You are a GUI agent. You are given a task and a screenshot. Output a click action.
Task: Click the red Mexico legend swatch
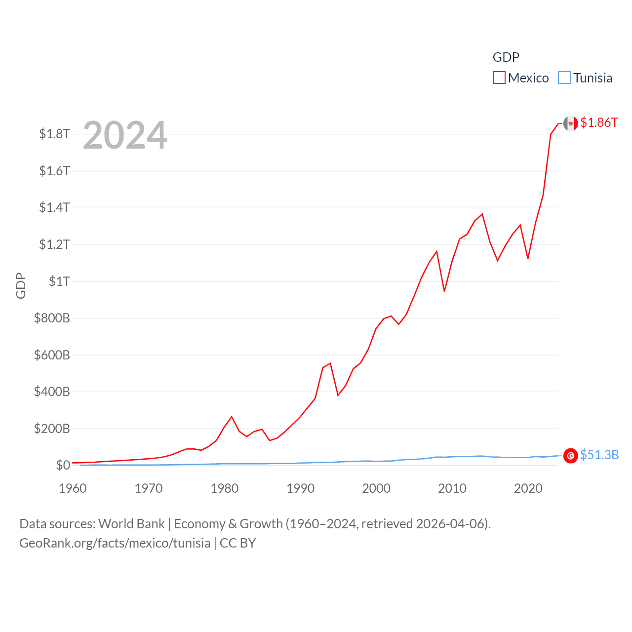[x=499, y=78]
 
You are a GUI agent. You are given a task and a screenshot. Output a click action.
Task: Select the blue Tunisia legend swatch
[x=564, y=78]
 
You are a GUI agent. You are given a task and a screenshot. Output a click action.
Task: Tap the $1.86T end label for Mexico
[x=599, y=122]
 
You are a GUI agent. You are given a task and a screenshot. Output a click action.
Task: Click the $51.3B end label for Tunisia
[x=599, y=455]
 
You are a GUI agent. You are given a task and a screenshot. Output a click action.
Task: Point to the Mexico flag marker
[x=570, y=124]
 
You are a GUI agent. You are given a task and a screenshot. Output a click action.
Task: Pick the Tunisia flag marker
[x=570, y=456]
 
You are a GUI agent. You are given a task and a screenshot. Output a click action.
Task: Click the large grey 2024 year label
[x=125, y=135]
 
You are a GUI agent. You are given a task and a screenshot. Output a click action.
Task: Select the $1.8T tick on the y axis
[x=55, y=134]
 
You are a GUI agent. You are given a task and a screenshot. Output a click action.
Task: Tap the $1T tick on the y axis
[x=59, y=281]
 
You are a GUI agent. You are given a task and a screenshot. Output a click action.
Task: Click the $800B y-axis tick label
[x=52, y=318]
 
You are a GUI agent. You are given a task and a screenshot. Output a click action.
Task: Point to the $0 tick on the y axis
[x=63, y=465]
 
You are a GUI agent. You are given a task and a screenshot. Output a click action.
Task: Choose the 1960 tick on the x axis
[x=73, y=488]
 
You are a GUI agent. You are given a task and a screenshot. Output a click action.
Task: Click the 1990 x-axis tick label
[x=300, y=488]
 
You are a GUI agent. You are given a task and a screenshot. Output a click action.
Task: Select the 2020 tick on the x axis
[x=528, y=488]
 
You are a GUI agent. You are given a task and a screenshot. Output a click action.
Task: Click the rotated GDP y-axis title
[x=21, y=285]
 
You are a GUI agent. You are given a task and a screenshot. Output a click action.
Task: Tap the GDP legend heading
[x=506, y=57]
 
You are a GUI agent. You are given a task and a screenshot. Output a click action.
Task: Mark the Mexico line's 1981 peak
[x=232, y=417]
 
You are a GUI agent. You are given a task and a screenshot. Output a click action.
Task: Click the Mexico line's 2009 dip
[x=444, y=291]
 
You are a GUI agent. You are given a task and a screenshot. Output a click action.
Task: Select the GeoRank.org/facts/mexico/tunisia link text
[x=115, y=543]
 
